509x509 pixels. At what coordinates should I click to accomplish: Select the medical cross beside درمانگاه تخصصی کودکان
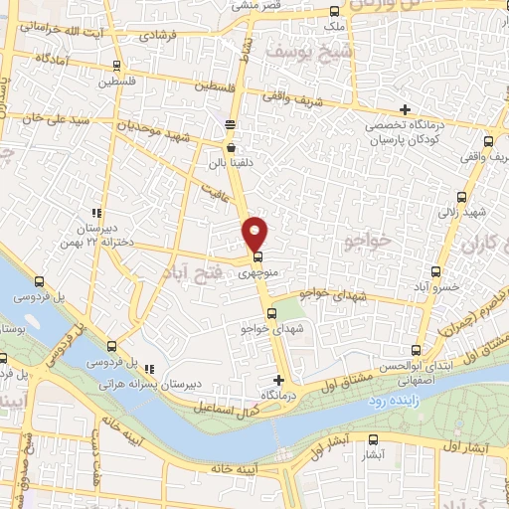click(x=404, y=108)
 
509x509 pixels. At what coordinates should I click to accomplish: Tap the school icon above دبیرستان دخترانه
click(x=96, y=213)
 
